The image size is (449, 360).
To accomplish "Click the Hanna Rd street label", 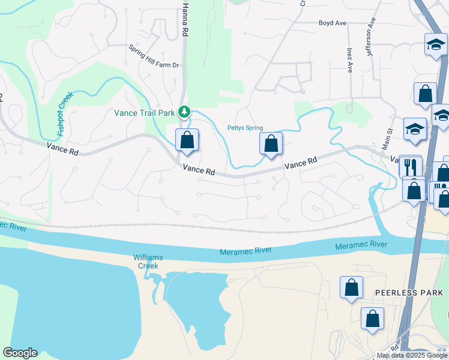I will click(185, 20).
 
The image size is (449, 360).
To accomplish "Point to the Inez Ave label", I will click(349, 60).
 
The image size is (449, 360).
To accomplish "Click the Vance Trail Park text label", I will click(144, 112).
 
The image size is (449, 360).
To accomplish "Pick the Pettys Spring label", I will click(245, 128).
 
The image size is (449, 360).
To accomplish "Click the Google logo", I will click(20, 353).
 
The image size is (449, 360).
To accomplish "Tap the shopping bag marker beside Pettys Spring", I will click(271, 143).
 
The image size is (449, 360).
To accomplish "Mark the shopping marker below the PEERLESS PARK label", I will click(373, 319).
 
